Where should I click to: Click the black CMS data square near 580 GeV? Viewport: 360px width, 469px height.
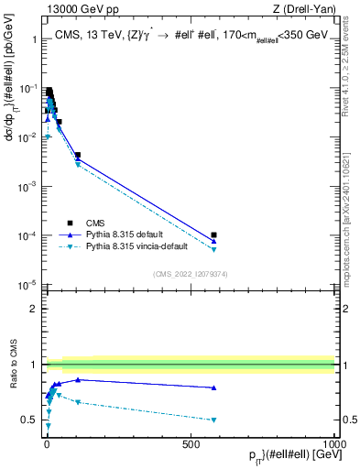[213, 235]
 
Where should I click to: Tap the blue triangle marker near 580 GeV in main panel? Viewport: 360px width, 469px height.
[213, 241]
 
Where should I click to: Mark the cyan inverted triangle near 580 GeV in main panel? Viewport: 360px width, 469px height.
[213, 249]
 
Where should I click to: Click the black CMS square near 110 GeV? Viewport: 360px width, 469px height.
[78, 156]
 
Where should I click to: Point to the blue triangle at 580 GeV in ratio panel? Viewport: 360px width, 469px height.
[213, 387]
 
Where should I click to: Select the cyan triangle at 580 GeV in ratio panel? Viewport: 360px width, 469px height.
[213, 420]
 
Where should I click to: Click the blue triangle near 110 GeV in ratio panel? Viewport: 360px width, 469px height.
[78, 379]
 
